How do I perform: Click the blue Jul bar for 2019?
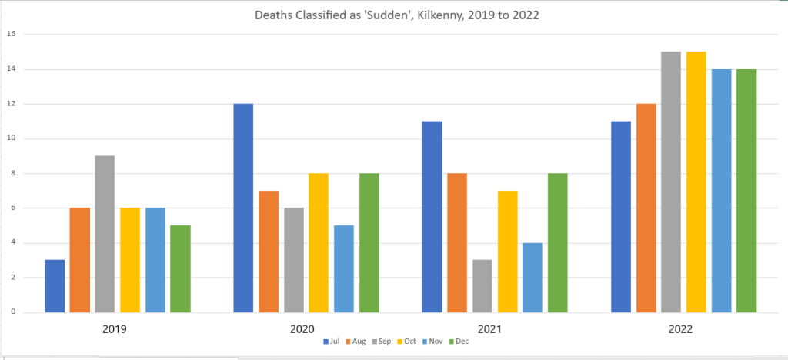(55, 286)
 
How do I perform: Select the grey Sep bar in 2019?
(105, 234)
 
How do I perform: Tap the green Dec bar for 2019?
(180, 268)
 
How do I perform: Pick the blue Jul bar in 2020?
(243, 208)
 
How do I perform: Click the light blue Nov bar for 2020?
(343, 268)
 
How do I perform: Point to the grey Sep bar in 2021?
(482, 286)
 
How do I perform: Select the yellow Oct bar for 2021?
(506, 252)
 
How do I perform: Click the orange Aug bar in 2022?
(646, 208)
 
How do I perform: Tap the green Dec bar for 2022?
(746, 191)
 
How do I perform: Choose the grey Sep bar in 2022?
(670, 182)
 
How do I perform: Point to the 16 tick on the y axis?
(12, 34)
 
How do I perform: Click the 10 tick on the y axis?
(12, 138)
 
